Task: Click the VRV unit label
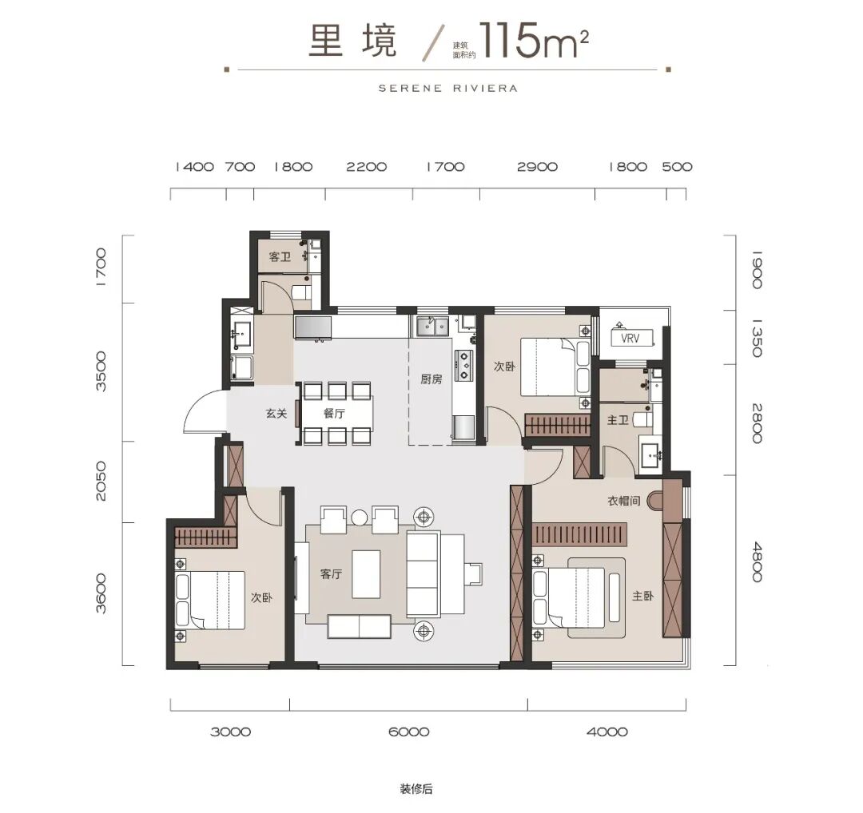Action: (630, 338)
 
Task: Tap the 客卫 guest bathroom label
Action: (280, 257)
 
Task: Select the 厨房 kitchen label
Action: (431, 379)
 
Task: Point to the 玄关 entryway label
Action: (276, 413)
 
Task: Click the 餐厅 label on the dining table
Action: (334, 413)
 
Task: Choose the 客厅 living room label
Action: (332, 573)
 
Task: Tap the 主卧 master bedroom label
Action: (642, 596)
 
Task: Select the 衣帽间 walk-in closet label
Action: (623, 501)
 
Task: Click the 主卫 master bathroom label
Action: (618, 420)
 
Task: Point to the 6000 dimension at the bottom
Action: (408, 732)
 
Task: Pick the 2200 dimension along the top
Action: (367, 167)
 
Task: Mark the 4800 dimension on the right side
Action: (757, 561)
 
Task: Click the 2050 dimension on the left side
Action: (101, 481)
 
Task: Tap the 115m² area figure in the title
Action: (533, 40)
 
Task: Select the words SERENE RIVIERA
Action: (448, 88)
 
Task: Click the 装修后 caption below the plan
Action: (416, 789)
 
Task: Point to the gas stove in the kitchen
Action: (464, 364)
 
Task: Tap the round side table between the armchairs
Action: (360, 518)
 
